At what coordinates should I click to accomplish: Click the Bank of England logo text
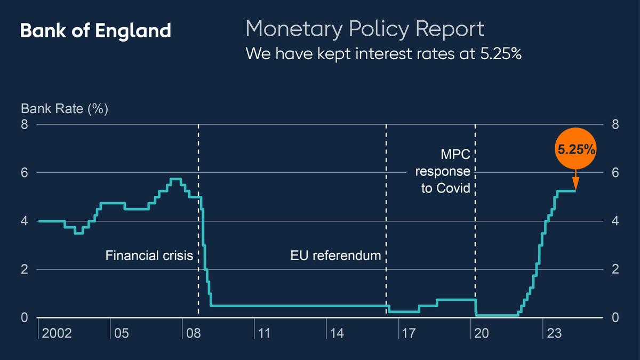[95, 30]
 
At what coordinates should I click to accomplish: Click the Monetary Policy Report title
[365, 29]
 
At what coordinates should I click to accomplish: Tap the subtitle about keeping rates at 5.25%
[383, 54]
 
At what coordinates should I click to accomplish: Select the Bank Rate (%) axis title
[65, 109]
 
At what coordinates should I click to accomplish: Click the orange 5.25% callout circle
[576, 149]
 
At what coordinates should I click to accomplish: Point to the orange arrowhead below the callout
[576, 185]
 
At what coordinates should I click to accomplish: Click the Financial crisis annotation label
[149, 255]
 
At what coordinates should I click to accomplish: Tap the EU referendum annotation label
[336, 255]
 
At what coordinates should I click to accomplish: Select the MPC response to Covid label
[446, 172]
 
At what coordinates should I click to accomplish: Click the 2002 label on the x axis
[57, 334]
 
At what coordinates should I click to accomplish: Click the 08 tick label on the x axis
[193, 334]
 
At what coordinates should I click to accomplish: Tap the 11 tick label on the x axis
[264, 334]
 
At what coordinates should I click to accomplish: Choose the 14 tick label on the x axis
[337, 334]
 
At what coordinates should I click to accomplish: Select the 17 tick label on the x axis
[409, 334]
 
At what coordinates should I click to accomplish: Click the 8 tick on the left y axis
[25, 124]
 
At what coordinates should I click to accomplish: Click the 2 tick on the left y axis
[25, 269]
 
